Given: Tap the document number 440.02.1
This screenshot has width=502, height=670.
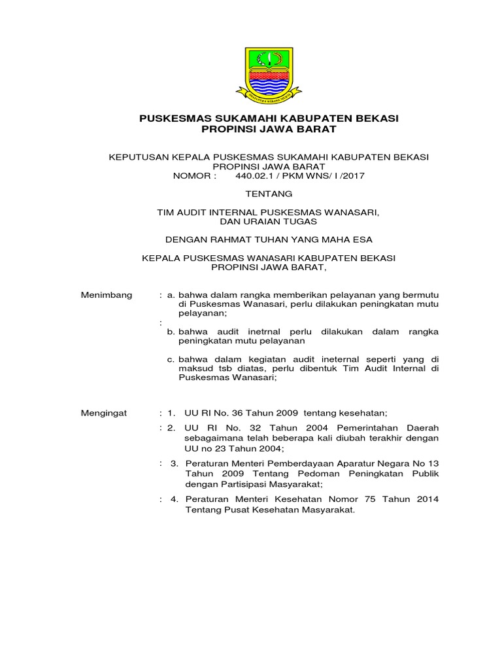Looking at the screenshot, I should [245, 176].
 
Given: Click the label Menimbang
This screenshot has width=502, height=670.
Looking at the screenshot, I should [106, 295].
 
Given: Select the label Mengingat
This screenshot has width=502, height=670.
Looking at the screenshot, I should [105, 413].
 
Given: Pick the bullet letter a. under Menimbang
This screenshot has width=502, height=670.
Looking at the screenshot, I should [171, 295].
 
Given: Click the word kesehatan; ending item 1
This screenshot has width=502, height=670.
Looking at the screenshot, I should [362, 413].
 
